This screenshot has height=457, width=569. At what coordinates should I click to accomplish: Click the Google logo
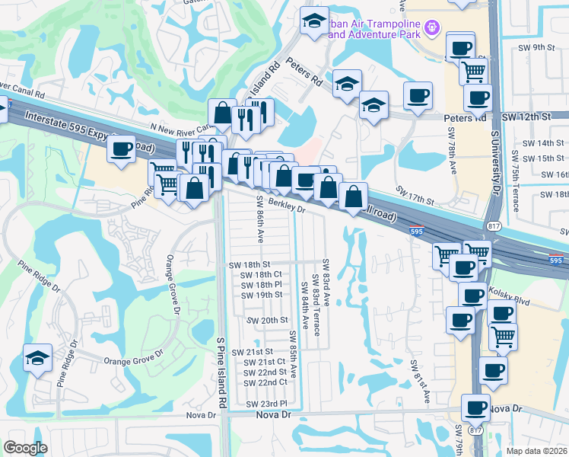[x=25, y=448]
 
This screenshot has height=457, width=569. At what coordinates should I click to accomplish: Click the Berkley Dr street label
[x=286, y=205]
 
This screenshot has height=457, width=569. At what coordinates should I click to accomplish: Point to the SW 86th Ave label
[x=259, y=219]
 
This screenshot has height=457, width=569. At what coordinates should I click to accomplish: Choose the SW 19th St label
[x=262, y=295]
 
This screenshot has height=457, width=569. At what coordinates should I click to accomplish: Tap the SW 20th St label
[x=264, y=321]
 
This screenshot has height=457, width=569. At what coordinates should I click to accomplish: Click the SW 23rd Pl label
[x=266, y=403]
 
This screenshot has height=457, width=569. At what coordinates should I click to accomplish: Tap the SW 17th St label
[x=414, y=196]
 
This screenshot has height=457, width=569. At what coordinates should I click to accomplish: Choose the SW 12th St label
[x=526, y=118]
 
